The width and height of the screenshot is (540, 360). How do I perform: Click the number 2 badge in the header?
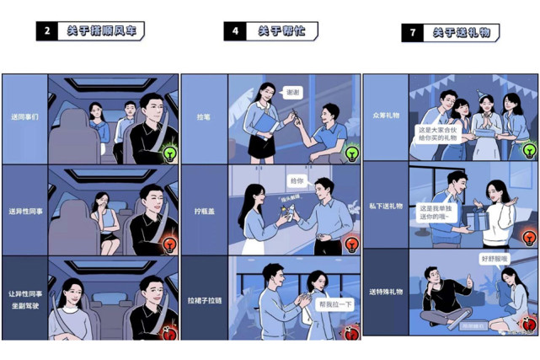click(46, 31)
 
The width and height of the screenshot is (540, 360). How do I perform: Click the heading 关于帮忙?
click(275, 31)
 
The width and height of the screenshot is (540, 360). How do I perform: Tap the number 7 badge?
click(413, 33)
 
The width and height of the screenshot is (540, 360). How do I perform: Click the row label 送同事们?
click(24, 118)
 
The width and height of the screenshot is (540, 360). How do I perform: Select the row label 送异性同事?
click(24, 210)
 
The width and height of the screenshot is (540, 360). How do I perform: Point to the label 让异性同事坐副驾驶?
click(24, 298)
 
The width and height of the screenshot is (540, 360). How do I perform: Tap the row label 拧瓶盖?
click(205, 211)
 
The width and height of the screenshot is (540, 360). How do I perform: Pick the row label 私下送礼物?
click(386, 205)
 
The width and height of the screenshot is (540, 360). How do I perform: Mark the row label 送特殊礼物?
click(386, 292)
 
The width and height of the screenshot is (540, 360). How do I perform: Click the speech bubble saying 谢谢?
click(291, 92)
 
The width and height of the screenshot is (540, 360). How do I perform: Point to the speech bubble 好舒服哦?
click(495, 259)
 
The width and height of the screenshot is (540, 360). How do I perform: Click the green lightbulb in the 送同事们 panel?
click(169, 153)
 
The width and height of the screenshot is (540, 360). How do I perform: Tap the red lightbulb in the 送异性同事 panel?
click(169, 245)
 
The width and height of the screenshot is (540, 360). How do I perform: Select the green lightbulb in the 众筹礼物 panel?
click(529, 150)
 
